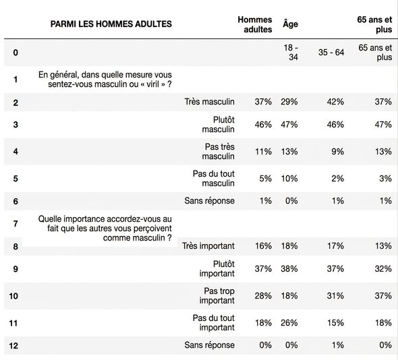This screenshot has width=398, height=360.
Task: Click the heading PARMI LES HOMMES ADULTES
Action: [111, 24]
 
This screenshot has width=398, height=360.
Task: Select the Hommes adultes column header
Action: [255, 24]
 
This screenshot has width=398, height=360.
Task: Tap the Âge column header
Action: [290, 24]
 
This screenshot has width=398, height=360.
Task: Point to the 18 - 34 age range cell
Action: [291, 53]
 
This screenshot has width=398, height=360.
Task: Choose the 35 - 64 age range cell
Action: [331, 53]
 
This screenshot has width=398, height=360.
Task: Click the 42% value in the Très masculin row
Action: [335, 102]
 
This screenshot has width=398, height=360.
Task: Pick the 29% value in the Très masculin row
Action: [289, 102]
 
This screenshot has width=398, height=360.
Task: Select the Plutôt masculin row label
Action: [219, 124]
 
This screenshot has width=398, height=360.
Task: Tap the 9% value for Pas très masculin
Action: [337, 152]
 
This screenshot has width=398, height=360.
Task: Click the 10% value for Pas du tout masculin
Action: [289, 179]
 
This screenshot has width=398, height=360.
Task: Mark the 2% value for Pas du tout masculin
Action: [337, 179]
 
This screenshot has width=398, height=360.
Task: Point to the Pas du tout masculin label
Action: [213, 179]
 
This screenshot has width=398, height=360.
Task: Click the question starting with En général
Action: [105, 79]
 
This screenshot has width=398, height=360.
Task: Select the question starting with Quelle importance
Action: [105, 229]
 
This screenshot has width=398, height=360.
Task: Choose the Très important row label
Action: [208, 246]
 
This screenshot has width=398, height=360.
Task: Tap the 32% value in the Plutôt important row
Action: [383, 269]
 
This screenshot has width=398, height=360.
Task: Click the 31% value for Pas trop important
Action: [335, 295]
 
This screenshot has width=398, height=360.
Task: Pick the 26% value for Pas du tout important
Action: [289, 323]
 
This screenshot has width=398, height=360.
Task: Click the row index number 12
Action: [13, 346]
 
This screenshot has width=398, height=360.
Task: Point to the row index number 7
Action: [16, 224]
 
